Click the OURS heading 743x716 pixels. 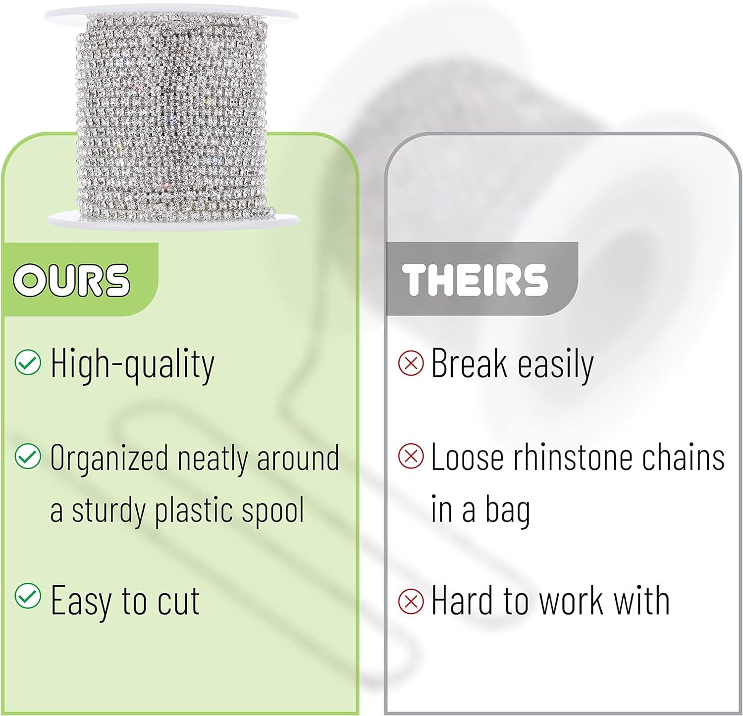(71, 280)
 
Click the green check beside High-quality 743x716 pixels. (28, 363)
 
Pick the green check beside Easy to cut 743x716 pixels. (28, 596)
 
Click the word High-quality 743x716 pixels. (132, 365)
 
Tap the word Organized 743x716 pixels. (109, 459)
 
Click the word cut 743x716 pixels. (178, 601)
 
